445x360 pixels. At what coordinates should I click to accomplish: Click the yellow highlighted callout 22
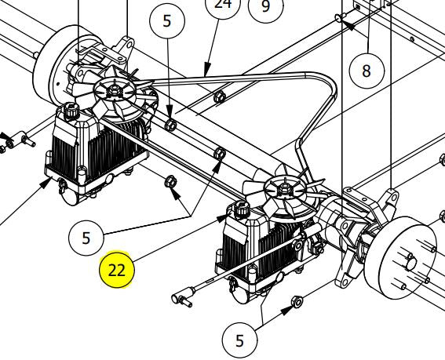(x=117, y=270)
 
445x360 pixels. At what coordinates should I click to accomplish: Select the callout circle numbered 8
(x=367, y=71)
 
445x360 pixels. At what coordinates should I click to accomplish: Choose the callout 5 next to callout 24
(x=167, y=20)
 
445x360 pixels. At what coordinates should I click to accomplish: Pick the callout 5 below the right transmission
(x=239, y=340)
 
